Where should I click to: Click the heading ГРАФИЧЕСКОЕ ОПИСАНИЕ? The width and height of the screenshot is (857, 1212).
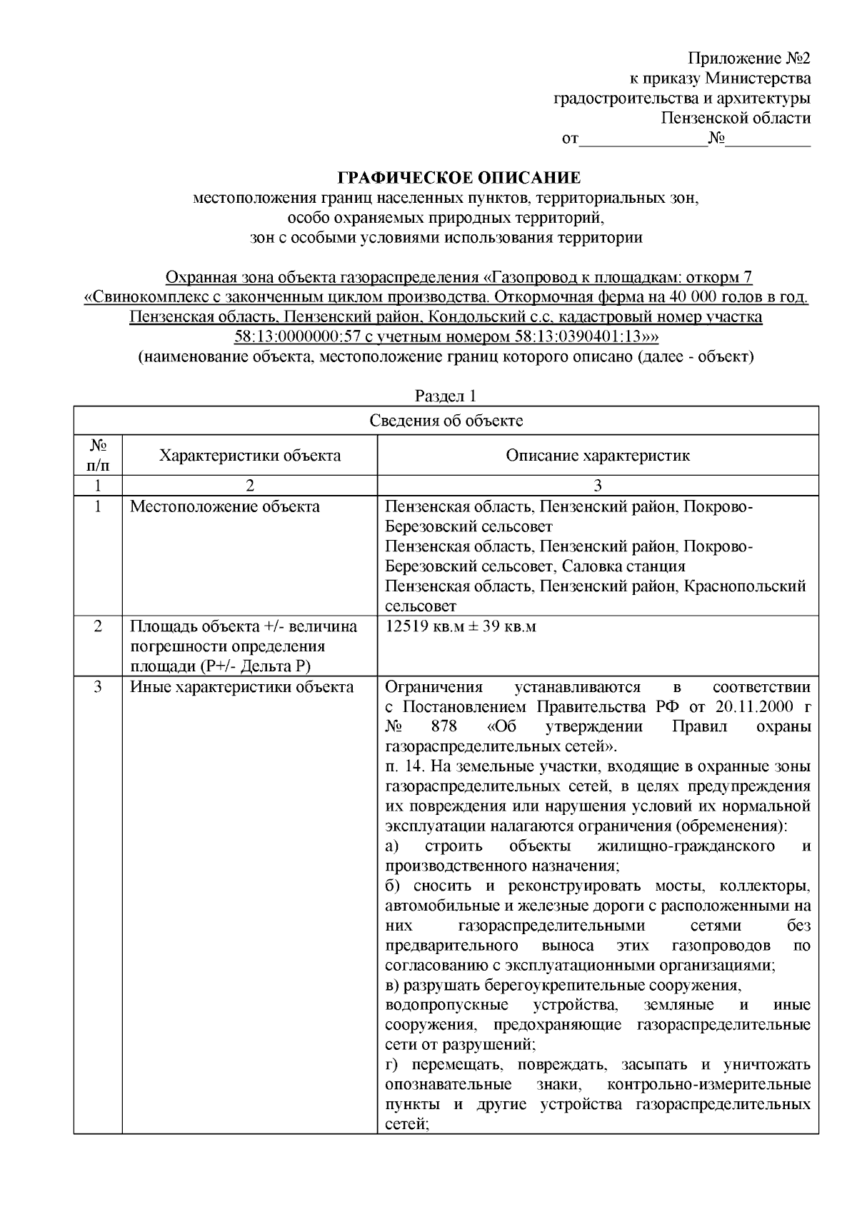coord(459,177)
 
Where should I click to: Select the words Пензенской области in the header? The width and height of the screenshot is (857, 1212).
coord(735,119)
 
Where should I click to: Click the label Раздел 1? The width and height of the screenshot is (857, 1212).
coord(446,396)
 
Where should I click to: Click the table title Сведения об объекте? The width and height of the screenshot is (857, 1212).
coord(446,421)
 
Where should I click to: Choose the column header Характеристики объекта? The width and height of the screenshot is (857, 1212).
coord(249,456)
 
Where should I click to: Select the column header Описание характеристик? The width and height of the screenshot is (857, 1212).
coord(598,456)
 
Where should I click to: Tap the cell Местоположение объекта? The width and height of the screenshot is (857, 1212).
coord(225,507)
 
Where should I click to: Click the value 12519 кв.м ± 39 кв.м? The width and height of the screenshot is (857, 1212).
coord(461,627)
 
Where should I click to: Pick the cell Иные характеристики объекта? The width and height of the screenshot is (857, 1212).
coord(241,687)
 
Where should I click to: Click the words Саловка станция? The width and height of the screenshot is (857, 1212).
coord(623,566)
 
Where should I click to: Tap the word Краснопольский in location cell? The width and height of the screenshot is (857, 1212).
coord(745,586)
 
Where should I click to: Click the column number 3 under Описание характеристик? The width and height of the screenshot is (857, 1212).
coord(598,486)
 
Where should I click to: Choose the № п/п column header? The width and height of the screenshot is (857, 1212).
coord(98,456)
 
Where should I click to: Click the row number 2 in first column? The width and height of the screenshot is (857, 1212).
coord(98,626)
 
